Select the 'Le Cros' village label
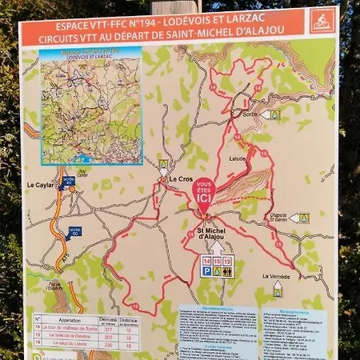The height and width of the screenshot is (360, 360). pyautogui.click(x=181, y=179)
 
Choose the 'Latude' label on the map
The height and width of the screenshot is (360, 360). pyautogui.click(x=238, y=158)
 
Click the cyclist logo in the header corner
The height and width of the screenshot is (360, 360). pyautogui.click(x=322, y=20)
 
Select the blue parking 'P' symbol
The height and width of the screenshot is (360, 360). pyautogui.click(x=206, y=271)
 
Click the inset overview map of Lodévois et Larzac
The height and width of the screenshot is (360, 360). pyautogui.click(x=90, y=104)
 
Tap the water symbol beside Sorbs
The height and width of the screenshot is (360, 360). pyautogui.click(x=274, y=114)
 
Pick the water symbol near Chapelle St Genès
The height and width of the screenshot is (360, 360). pyautogui.click(x=304, y=218)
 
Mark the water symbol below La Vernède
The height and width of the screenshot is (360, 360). pyautogui.click(x=278, y=292)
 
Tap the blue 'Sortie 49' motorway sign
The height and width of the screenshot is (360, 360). pyautogui.click(x=68, y=182)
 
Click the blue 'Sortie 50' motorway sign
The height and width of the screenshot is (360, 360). pyautogui.click(x=74, y=232)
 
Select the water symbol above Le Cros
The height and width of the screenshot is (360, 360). pyautogui.click(x=163, y=164)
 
